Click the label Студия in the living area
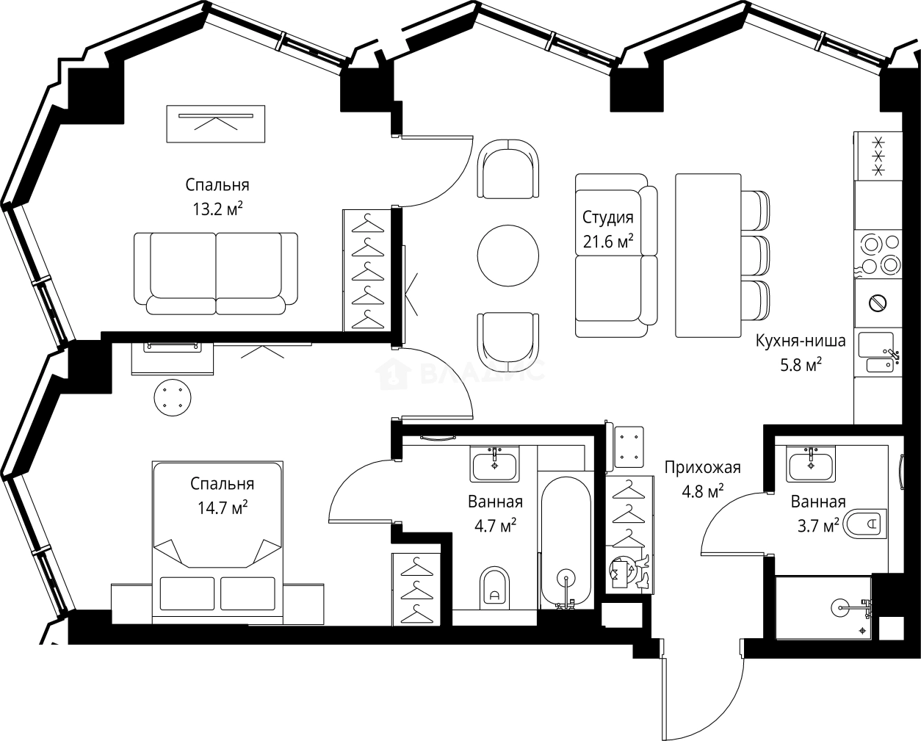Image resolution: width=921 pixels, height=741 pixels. (x=607, y=217)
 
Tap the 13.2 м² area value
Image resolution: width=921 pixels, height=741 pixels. (x=217, y=209)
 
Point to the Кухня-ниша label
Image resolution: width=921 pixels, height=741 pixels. (x=801, y=341)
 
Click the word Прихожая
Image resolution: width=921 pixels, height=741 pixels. (x=702, y=468)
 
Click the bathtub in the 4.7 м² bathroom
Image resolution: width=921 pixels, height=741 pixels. (x=565, y=542)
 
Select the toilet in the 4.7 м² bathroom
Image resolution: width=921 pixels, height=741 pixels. (x=495, y=588)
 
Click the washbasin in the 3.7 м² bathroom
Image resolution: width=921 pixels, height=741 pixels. (x=810, y=464)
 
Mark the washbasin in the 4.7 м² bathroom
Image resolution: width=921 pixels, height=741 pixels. (x=494, y=464)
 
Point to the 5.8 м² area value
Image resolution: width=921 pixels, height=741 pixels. (x=801, y=364)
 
